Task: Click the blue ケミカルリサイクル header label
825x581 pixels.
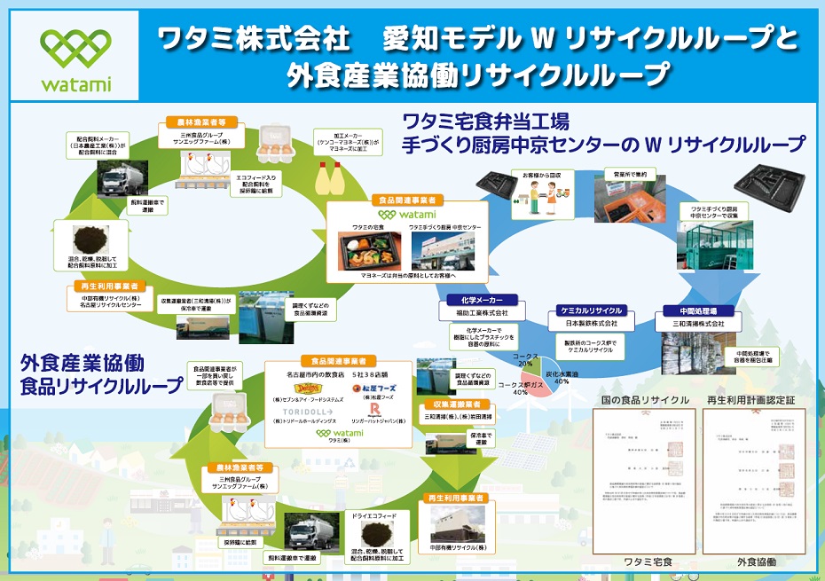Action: coord(590,310)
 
